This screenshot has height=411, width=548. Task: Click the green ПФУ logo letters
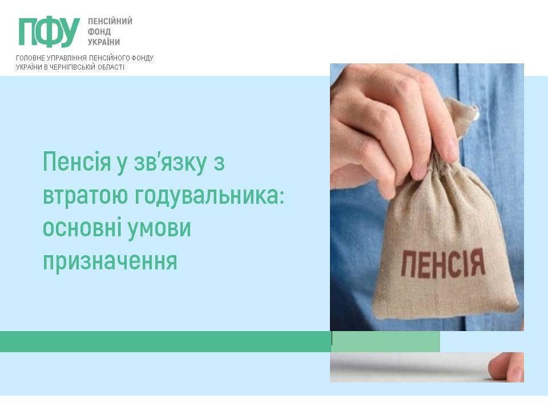(x=49, y=32)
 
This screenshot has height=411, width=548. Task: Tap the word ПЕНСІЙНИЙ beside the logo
(x=110, y=21)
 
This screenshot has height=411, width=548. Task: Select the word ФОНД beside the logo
(x=99, y=32)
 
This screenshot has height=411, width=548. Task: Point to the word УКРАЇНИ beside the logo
(x=104, y=42)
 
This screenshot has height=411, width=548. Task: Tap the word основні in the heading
(x=82, y=228)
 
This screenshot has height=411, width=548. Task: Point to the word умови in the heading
(x=159, y=228)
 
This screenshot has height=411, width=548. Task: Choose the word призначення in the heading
(x=110, y=262)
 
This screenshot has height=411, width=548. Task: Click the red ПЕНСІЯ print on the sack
(x=444, y=263)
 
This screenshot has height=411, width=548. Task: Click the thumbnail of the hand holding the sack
(x=427, y=197)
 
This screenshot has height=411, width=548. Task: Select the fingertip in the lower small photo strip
(x=506, y=367)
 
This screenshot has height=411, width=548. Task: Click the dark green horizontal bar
(x=166, y=341)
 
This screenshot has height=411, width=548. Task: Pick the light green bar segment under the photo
(x=386, y=341)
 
